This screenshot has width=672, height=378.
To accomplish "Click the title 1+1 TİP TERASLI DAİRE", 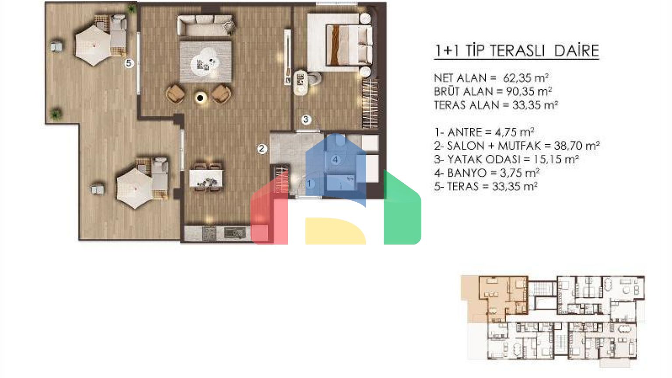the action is coord(516,51).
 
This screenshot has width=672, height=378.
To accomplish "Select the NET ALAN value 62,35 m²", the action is coord(526,78).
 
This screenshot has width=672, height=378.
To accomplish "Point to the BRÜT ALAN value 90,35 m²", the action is coord(529,91).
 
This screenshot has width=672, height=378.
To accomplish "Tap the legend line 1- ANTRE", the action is coord(484,132).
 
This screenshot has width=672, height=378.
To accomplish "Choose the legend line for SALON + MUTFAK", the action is coord(517,146).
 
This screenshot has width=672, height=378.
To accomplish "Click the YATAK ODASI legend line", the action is coord(506,159).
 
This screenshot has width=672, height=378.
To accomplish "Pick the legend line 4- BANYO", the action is coord(486,173).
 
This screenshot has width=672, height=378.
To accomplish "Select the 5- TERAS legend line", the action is coord(486,187).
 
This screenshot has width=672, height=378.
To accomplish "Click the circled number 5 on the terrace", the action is coord(129,63).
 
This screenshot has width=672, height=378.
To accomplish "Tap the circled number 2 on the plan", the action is coord(262,148).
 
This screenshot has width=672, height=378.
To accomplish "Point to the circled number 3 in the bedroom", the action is coord(306,119).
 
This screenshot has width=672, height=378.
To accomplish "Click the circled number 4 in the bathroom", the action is coord(336,159).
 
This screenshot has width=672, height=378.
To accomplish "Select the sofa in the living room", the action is coord(206,25).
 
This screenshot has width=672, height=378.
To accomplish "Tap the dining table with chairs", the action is coord(206,178).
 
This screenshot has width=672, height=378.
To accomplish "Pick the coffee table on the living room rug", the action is coord(205,63).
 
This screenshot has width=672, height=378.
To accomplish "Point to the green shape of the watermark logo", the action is coord(402,207).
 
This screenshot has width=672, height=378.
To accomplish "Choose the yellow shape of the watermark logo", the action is coord(336,231).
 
